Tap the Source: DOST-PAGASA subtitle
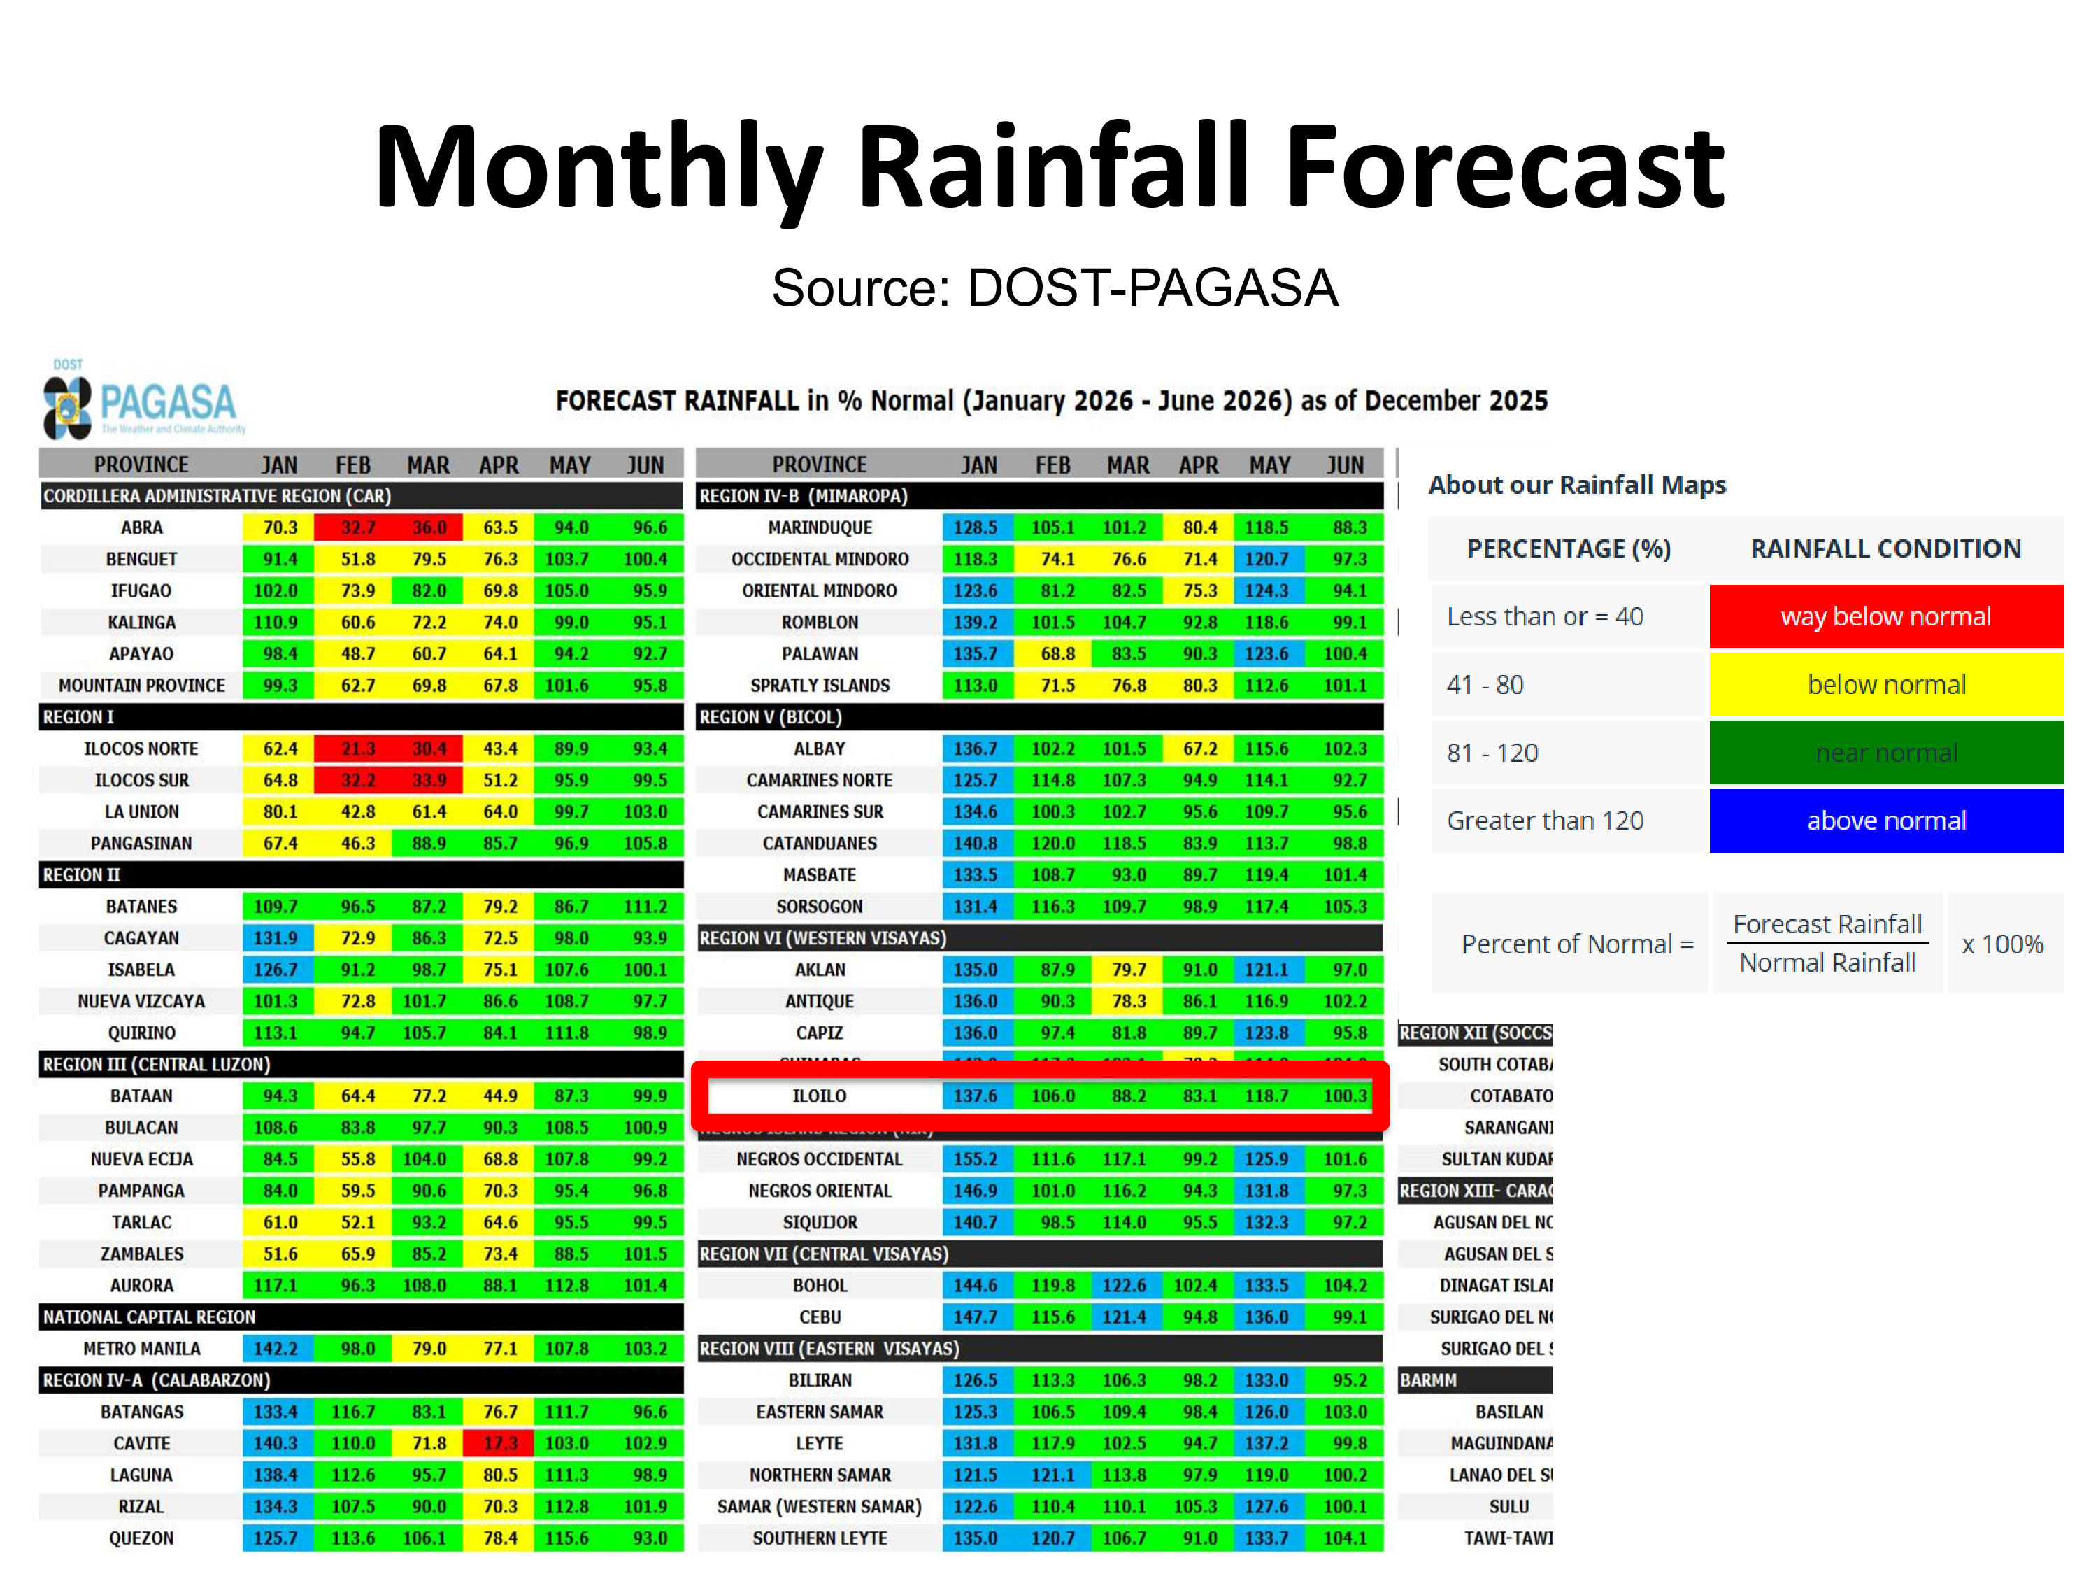coord(1054,288)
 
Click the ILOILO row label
coord(820,1096)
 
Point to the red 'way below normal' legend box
coord(1885,617)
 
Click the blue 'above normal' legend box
coord(1885,821)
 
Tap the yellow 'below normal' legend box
coord(1885,685)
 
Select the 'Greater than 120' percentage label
coord(1544,821)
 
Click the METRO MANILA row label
coord(141,1348)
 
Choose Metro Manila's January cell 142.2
coord(276,1348)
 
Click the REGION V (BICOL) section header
coord(770,717)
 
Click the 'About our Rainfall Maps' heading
coord(1576,485)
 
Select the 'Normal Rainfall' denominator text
coord(1827,963)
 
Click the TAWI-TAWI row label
coord(1508,1538)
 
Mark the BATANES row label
coord(141,906)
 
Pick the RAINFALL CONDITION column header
coord(1885,548)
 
